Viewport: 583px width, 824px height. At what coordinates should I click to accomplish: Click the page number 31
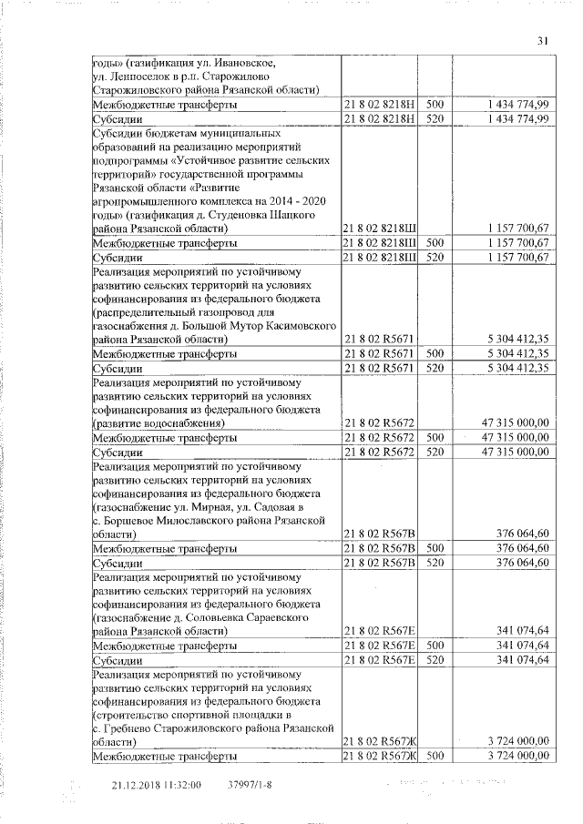point(543,40)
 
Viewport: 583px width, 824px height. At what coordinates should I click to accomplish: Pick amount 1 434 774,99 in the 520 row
point(517,118)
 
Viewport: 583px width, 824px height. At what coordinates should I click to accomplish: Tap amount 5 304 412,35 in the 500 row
point(517,353)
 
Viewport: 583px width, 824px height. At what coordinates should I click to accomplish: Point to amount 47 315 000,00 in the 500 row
point(514,437)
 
